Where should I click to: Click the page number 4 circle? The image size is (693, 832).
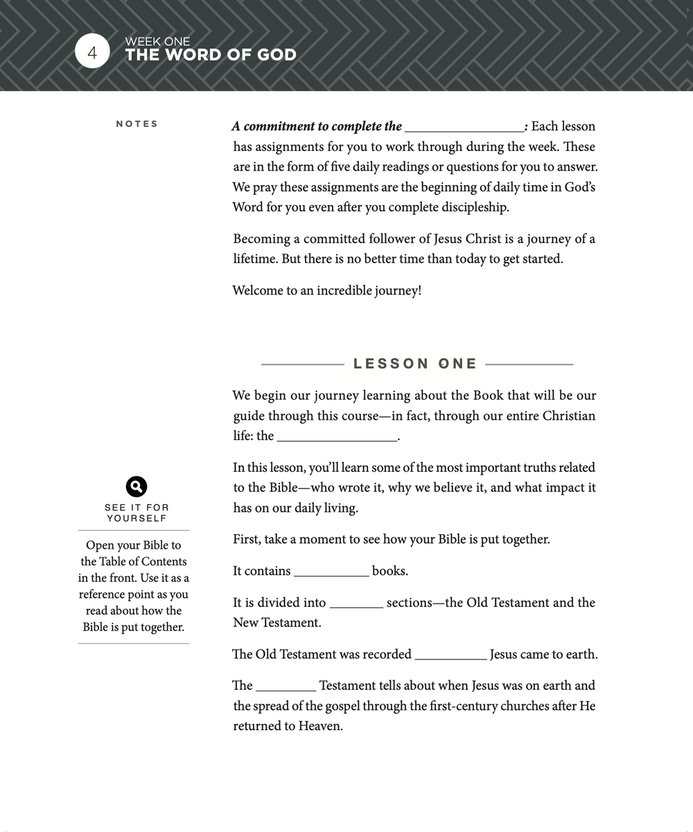[x=92, y=52]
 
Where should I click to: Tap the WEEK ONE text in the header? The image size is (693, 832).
[x=157, y=42]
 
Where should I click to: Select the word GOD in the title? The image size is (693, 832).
[x=274, y=55]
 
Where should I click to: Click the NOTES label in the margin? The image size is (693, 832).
[x=137, y=124]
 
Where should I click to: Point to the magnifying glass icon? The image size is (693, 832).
[x=137, y=486]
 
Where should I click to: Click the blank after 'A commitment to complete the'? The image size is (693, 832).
[x=464, y=127]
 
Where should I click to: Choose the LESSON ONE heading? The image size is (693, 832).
[x=415, y=364]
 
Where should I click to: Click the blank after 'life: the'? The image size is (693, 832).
[x=337, y=437]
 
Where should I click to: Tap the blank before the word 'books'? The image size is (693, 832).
[x=331, y=572]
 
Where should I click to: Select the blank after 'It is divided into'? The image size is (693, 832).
[x=356, y=604]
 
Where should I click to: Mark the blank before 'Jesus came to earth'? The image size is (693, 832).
[x=450, y=655]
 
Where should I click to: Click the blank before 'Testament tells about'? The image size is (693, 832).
[x=286, y=687]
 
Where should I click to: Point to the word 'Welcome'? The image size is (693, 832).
[x=256, y=291]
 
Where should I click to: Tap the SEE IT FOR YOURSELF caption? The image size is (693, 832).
[x=137, y=513]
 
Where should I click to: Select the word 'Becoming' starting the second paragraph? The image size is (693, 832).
[x=261, y=240]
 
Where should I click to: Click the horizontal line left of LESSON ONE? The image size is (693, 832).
[x=302, y=364]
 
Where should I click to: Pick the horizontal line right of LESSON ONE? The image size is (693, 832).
[x=529, y=364]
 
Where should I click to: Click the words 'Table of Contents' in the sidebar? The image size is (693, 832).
[x=143, y=561]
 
